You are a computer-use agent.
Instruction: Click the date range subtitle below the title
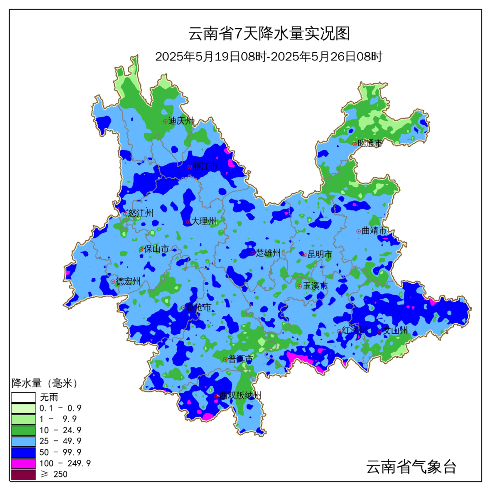point(268,57)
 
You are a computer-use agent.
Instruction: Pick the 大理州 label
point(204,221)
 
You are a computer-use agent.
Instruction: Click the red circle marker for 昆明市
point(305,255)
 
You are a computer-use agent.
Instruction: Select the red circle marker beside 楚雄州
point(253,253)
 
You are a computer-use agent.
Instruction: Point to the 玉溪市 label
point(315,286)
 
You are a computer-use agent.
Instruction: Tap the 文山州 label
point(395,331)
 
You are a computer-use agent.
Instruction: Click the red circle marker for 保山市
point(141,249)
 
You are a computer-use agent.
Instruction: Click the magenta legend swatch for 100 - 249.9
point(23,463)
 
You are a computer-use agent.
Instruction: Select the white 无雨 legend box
point(23,397)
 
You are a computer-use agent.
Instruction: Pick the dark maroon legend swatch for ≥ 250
point(23,475)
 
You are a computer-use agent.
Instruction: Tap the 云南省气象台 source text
point(411,467)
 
